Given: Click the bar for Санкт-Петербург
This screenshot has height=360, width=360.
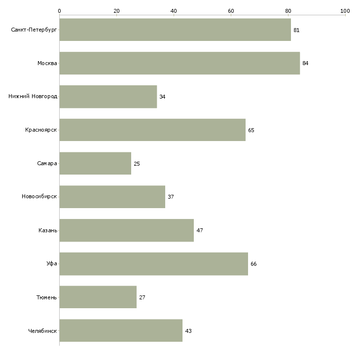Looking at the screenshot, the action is coord(175,30).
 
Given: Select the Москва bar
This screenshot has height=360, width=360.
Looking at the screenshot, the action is coord(180,63).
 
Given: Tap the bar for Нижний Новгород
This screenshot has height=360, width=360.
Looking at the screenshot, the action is coord(108,97).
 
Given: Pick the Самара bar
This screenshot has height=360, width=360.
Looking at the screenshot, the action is coord(95,163).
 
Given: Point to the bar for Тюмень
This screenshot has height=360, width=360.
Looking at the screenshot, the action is coord(98,297).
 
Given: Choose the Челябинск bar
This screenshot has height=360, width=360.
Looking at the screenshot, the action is coord(121,330).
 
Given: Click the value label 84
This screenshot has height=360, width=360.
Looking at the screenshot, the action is coord(305,63).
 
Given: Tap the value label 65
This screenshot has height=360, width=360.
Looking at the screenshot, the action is coord(251,130).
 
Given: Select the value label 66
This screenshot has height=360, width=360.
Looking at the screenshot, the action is coord(253,264).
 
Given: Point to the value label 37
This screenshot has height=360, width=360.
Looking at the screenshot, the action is coord(171,197).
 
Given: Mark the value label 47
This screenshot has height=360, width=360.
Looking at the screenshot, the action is coord(200,230).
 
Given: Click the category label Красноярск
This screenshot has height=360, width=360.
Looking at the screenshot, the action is coord(41,130).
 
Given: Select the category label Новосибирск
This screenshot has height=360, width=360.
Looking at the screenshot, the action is coord(39,197).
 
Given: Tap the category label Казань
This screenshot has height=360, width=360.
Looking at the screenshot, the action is coord(48,230).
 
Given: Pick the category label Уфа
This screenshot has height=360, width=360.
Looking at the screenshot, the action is coord(52,263).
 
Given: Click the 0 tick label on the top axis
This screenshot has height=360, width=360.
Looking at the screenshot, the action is coord(60,11).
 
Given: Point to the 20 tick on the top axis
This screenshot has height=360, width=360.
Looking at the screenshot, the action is coord(117,11).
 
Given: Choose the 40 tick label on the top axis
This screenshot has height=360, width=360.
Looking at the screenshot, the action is coord(174,11).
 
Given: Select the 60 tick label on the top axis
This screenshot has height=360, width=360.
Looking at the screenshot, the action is coord(231,11).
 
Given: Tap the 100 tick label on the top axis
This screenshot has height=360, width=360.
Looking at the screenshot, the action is coord(345,11).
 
